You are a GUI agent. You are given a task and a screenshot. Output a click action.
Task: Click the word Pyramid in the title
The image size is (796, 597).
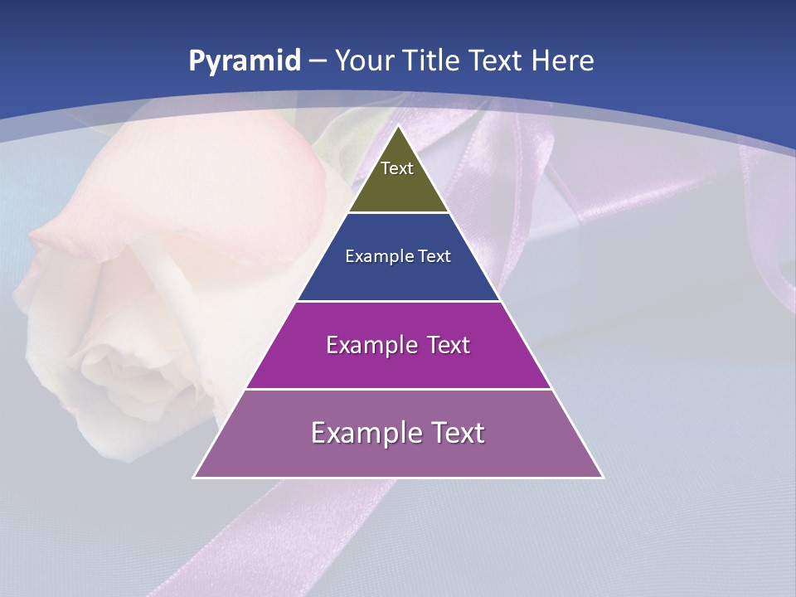pos(245,61)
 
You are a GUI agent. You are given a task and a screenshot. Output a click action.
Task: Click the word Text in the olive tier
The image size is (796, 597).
pos(397,168)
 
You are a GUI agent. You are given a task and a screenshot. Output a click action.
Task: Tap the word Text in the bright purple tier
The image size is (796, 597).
pos(443,345)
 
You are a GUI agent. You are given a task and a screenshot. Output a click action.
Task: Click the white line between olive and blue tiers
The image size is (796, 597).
pos(399,212)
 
